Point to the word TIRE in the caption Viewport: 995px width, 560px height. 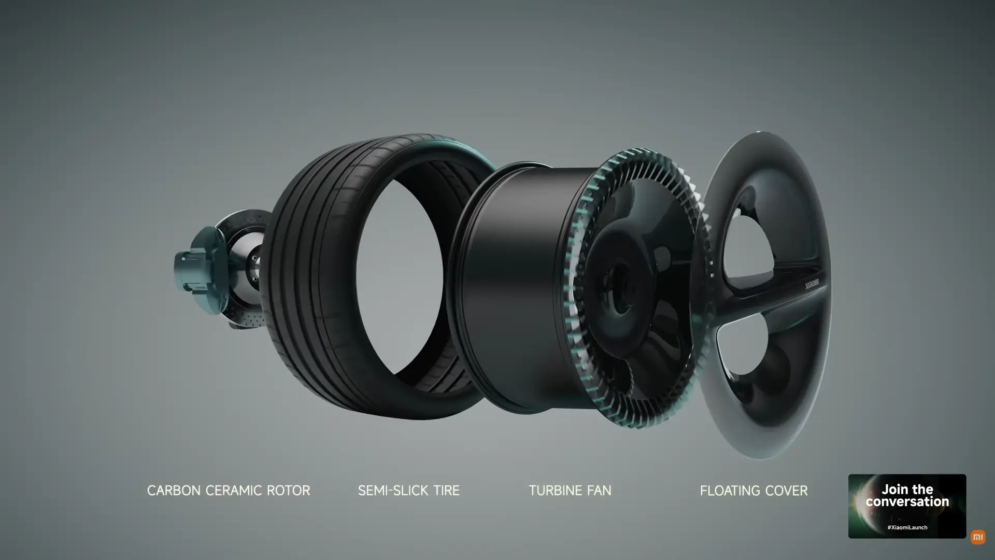445,491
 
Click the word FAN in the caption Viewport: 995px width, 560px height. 599,491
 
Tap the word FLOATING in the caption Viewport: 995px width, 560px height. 731,491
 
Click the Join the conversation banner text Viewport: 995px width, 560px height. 907,496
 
